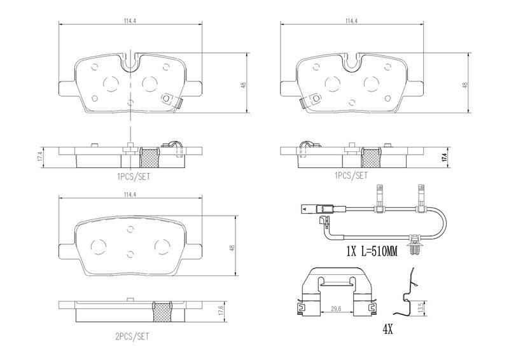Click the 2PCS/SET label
pyautogui.click(x=132, y=336)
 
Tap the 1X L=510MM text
pyautogui.click(x=372, y=252)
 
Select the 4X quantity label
pyautogui.click(x=387, y=330)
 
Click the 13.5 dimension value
pyautogui.click(x=421, y=306)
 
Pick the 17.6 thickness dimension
pyautogui.click(x=221, y=311)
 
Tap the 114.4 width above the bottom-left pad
pyautogui.click(x=130, y=195)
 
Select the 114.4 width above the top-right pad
pyautogui.click(x=352, y=21)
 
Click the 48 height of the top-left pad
pyautogui.click(x=244, y=85)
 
